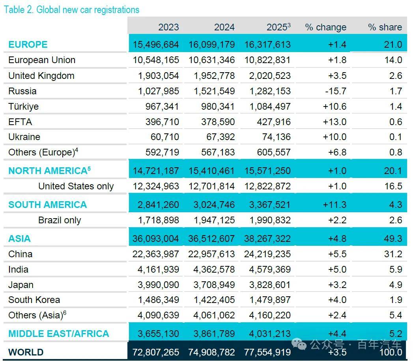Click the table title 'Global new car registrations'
point(88,10)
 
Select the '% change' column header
point(326,27)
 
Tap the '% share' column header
point(385,27)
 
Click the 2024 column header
point(224,27)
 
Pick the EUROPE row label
point(28,45)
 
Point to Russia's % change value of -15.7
point(336,91)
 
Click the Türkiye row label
point(24,107)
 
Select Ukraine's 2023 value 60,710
point(165,137)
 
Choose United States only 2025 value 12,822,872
point(267,186)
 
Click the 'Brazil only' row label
point(60,220)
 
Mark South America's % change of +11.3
point(335,205)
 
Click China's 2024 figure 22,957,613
point(211,254)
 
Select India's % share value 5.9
point(396,269)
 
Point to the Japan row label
point(21,285)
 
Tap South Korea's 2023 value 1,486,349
point(158,300)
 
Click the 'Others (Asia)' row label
point(37,315)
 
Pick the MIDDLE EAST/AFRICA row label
point(59,334)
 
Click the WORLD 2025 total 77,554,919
point(267,352)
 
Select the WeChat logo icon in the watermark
point(299,344)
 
